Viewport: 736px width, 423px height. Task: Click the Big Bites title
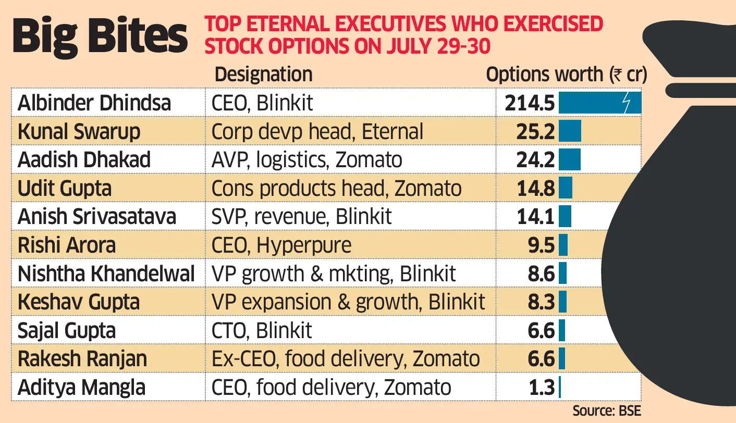click(99, 36)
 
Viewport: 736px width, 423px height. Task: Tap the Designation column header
click(263, 74)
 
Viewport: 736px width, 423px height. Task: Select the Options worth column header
click(566, 75)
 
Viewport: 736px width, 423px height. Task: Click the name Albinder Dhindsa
click(94, 103)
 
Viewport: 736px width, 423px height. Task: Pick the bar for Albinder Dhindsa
click(599, 103)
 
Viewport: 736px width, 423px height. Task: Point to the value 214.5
click(529, 103)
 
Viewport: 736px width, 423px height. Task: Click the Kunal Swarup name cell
click(79, 131)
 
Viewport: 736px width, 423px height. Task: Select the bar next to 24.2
click(569, 159)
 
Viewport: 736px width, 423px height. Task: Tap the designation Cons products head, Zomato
click(336, 188)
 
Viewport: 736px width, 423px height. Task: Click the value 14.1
click(536, 216)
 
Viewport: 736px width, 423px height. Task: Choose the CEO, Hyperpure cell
click(281, 245)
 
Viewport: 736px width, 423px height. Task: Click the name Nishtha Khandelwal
click(106, 273)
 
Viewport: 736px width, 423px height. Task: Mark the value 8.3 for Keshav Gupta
click(541, 302)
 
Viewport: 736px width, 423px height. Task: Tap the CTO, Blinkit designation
click(262, 330)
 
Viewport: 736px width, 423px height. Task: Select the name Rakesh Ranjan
click(82, 359)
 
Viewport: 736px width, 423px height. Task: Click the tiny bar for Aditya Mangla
click(560, 387)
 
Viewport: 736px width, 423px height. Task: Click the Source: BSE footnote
click(607, 412)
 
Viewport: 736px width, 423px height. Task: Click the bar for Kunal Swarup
click(570, 131)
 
